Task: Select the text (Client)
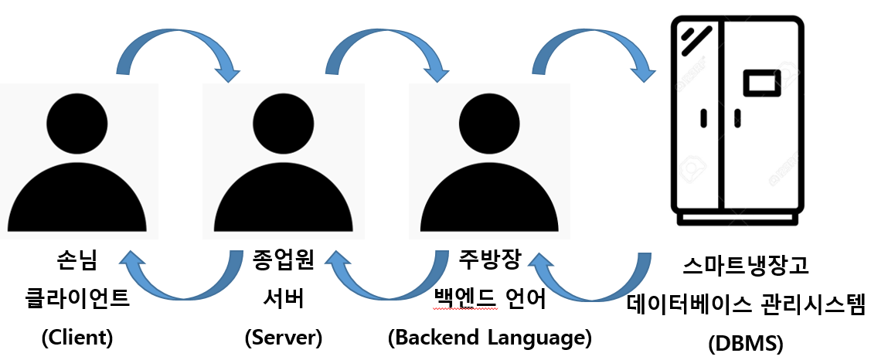point(77,337)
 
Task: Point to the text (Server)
point(283,337)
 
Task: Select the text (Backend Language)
point(489,337)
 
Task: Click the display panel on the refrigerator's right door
point(758,82)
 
